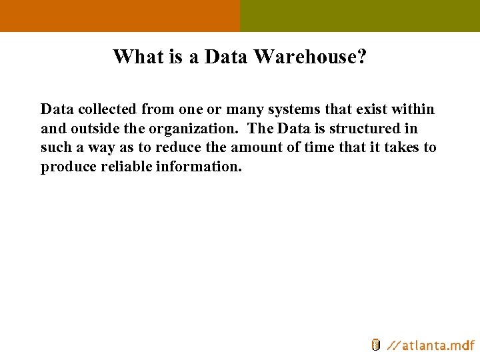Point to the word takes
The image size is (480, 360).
point(399,147)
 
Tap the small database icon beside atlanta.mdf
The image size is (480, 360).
point(375,345)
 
